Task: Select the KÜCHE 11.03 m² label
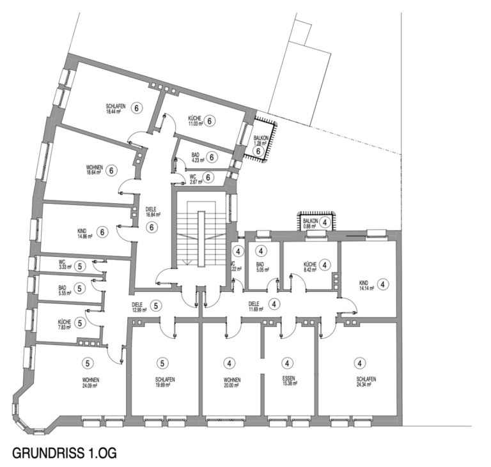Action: pyautogui.click(x=195, y=121)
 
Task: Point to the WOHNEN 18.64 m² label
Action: pyautogui.click(x=94, y=170)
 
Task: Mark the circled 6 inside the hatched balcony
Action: pyautogui.click(x=259, y=151)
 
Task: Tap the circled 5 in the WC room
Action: pyautogui.click(x=79, y=266)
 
